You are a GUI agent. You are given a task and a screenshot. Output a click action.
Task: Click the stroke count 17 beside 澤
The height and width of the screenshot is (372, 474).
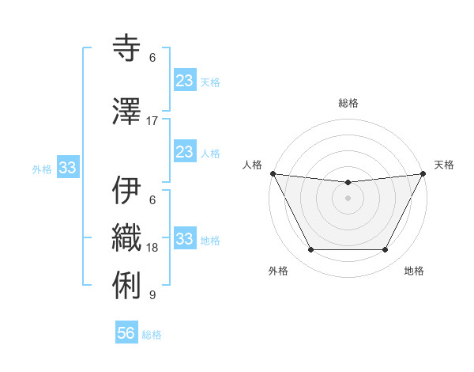click(152, 121)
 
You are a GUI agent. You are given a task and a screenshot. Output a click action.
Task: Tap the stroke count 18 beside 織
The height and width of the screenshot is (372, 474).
click(152, 248)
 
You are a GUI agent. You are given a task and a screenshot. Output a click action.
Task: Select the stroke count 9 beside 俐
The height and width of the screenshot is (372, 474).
click(152, 295)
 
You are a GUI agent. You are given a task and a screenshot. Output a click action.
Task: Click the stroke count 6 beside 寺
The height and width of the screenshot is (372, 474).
click(152, 58)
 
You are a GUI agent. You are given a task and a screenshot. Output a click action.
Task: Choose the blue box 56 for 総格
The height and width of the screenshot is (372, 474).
click(126, 333)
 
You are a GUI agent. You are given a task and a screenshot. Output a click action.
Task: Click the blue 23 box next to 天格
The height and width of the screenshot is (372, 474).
click(184, 81)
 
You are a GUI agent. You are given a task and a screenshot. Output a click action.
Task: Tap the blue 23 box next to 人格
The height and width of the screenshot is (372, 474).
click(184, 152)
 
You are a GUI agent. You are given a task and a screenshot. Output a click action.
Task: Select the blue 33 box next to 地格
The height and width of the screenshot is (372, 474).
click(184, 239)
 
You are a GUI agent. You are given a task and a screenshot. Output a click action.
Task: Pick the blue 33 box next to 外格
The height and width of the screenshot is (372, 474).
click(68, 168)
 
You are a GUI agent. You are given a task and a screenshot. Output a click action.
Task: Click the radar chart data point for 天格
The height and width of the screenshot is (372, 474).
click(423, 173)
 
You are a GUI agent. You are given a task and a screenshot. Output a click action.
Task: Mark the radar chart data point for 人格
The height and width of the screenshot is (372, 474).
click(273, 173)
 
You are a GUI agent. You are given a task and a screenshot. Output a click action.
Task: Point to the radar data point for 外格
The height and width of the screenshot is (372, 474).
click(310, 250)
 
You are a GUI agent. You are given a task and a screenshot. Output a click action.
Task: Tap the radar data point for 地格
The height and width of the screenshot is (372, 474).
click(386, 250)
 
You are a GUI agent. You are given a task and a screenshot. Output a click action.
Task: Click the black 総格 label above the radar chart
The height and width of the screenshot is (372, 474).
click(348, 103)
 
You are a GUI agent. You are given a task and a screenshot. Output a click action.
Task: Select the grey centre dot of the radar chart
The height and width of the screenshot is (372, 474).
click(348, 198)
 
